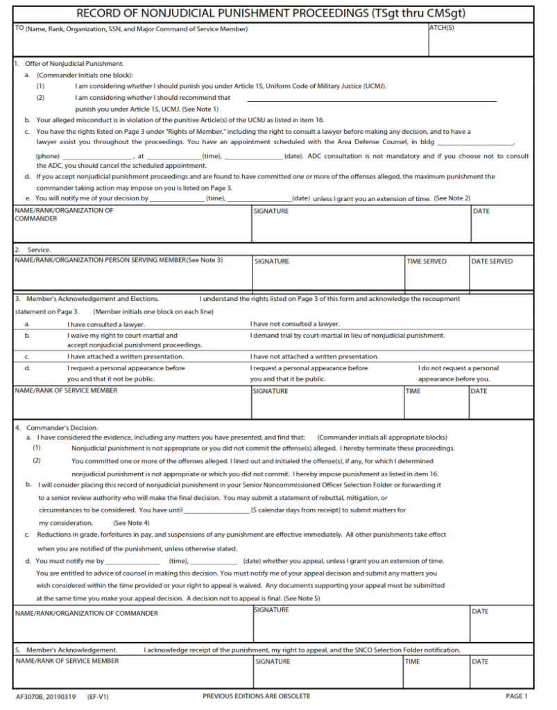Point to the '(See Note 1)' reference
[x=200, y=109]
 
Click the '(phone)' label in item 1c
[x=47, y=156]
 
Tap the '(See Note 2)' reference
[x=452, y=198]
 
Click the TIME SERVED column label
[x=427, y=261]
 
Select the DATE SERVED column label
[x=492, y=261]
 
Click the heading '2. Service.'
[x=33, y=249]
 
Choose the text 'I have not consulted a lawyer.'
[x=295, y=324]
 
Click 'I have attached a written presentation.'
[x=121, y=356]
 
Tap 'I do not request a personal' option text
[x=458, y=368]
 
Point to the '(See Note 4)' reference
[x=131, y=522]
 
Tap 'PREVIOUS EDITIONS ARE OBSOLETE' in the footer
[x=256, y=696]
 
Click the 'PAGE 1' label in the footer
[x=516, y=696]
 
